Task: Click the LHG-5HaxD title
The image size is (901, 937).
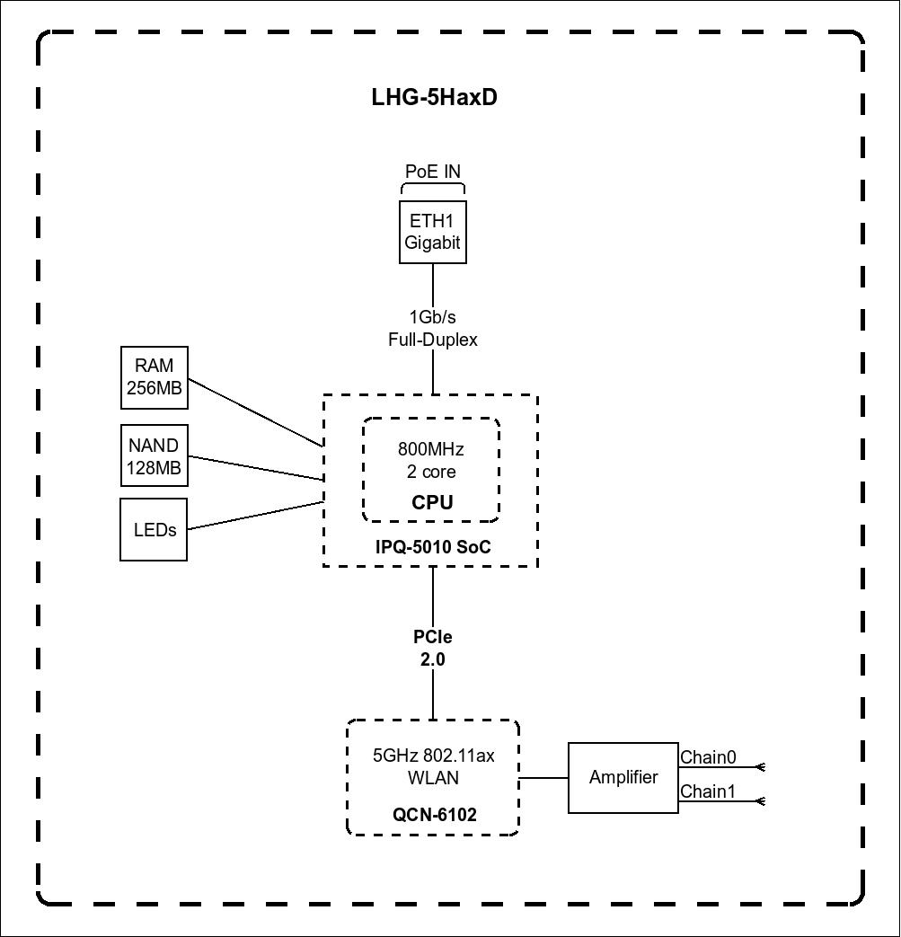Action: click(434, 97)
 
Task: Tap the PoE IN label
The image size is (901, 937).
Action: click(433, 172)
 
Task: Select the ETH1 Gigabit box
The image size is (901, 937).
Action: click(433, 232)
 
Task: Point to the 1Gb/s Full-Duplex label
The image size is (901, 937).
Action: click(433, 328)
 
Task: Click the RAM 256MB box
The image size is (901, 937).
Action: click(155, 377)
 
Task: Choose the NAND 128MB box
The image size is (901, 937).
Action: click(155, 456)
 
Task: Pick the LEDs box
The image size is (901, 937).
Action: click(155, 530)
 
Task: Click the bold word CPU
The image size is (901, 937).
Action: click(432, 503)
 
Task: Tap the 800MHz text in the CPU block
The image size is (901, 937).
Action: click(431, 449)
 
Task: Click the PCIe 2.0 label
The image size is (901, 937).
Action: click(433, 648)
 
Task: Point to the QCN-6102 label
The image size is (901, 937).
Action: click(434, 815)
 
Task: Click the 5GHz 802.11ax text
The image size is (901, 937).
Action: click(434, 756)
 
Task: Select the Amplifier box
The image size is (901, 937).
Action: click(623, 778)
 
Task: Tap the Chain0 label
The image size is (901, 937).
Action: click(708, 757)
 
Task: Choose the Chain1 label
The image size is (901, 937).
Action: click(708, 791)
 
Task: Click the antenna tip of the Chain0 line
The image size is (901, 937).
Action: click(761, 767)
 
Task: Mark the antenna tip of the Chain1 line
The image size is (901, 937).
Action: click(761, 800)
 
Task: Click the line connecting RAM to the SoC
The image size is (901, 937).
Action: click(256, 412)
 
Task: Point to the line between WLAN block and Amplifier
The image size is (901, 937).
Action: click(543, 778)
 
